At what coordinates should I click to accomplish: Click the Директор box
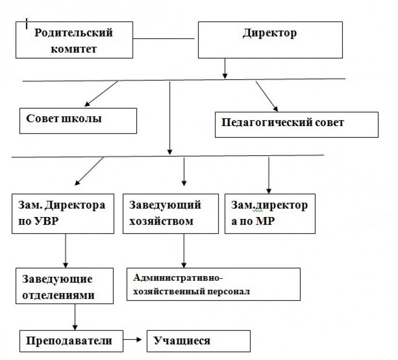(x=269, y=40)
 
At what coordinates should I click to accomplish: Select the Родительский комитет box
(x=74, y=40)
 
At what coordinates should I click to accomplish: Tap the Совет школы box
(x=78, y=120)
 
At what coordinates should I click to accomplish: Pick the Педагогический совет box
(x=296, y=124)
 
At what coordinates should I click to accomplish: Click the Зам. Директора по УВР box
(x=63, y=213)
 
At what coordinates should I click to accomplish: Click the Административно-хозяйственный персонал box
(x=214, y=284)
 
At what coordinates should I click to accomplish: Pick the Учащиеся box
(x=199, y=341)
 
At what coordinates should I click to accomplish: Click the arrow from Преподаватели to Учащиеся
(x=134, y=340)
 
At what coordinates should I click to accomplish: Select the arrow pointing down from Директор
(x=225, y=68)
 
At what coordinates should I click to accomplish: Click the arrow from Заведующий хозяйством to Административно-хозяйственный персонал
(x=184, y=250)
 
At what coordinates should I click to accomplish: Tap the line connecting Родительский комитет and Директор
(x=163, y=39)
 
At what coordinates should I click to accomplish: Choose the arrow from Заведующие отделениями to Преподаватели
(x=75, y=317)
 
